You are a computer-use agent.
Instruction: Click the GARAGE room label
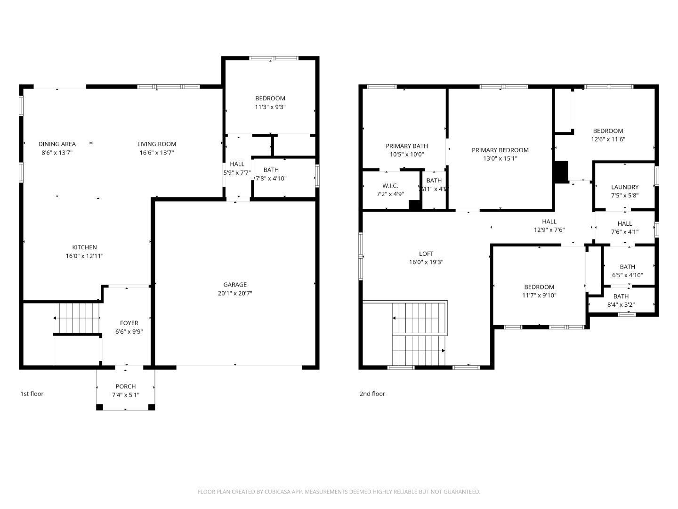point(234,285)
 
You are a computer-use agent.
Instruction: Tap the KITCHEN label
point(84,247)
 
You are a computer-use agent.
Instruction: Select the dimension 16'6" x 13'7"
point(157,153)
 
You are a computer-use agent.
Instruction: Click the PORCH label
point(125,386)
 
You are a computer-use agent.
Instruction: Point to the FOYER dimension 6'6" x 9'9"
point(129,331)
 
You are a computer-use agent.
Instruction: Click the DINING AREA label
point(57,144)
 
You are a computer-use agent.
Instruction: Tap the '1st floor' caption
point(32,394)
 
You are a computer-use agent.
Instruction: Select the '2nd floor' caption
point(372,394)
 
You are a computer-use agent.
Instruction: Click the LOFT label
point(426,254)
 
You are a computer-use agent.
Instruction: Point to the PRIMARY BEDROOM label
point(500,150)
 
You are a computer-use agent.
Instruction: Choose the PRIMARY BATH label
point(407,146)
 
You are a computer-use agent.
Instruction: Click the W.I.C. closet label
point(390,186)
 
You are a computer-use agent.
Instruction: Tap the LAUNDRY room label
point(625,187)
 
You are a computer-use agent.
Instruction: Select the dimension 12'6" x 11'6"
point(608,140)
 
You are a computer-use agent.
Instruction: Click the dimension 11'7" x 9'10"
point(539,296)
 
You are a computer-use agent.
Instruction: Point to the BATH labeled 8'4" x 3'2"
point(621,296)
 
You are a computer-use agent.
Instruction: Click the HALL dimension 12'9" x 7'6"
point(549,230)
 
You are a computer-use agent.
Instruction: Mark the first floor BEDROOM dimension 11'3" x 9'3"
point(270,107)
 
